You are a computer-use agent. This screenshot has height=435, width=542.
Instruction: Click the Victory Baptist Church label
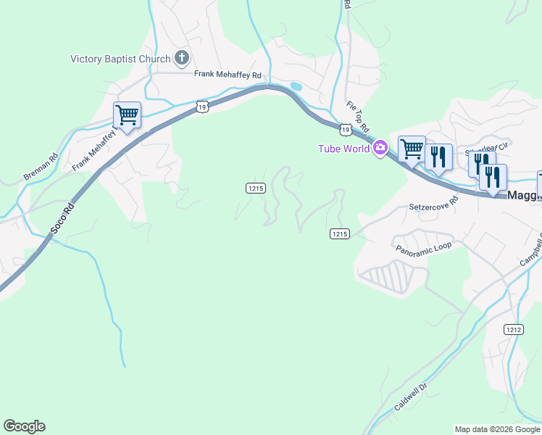120,59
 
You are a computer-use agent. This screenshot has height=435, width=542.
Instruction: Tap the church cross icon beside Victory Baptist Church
181,58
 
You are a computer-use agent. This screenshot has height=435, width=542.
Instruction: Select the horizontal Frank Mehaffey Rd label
227,74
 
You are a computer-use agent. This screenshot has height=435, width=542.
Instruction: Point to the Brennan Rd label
41,167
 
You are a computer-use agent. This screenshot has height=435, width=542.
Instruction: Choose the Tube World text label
343,149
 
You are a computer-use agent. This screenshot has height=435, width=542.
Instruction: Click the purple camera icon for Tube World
380,149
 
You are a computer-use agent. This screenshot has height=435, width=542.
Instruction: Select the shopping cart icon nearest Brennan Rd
127,115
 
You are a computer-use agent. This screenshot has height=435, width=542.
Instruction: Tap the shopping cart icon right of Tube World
412,149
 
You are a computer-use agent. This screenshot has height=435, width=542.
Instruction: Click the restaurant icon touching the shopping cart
438,156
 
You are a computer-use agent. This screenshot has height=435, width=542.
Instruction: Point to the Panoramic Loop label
423,246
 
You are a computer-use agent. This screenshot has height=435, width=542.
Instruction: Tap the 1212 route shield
514,329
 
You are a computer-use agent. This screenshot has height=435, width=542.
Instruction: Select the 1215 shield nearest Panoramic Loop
340,233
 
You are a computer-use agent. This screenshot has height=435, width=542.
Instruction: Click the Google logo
24,426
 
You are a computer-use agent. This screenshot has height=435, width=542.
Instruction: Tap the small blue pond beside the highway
296,86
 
